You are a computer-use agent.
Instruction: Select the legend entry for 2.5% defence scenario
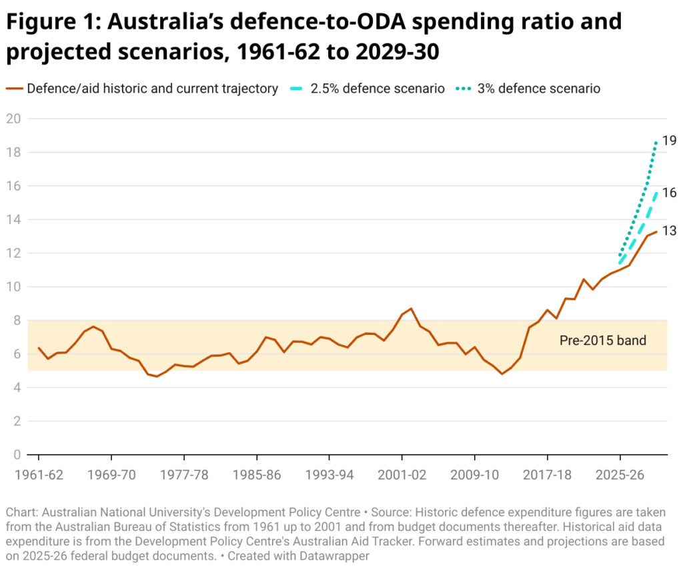coord(378,89)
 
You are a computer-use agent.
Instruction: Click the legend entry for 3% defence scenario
coord(538,89)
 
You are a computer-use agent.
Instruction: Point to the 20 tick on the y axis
coord(13,119)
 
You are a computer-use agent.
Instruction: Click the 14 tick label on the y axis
coord(13,219)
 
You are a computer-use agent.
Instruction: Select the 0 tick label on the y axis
coord(16,455)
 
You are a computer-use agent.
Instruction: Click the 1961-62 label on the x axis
coord(39,475)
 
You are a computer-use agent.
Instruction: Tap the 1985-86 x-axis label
coord(257,475)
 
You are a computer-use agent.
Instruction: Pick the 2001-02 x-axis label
coord(402,475)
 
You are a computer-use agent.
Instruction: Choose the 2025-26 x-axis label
coord(620,475)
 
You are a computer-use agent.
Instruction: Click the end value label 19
coord(669,141)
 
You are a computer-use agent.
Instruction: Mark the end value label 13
coord(669,231)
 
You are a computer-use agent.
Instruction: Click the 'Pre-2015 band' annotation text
coord(602,341)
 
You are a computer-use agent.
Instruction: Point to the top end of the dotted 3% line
coord(656,141)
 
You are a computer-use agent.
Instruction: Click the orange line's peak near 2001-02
coord(412,309)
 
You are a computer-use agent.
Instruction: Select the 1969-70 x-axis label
coord(111,475)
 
